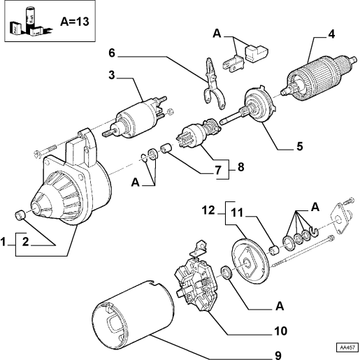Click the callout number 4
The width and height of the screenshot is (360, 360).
pos(331,34)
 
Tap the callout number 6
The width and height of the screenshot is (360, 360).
pos(112,53)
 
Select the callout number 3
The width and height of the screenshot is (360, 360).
pos(112,75)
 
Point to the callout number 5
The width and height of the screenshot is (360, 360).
pos(300,146)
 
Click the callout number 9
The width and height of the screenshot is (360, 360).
pos(278,355)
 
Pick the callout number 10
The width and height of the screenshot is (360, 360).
pos(280,331)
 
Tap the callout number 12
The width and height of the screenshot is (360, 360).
pos(208,210)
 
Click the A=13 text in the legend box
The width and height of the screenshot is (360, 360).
pos(75,22)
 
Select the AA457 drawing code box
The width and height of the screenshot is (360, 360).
pos(347,347)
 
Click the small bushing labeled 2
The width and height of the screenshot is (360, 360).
pos(20,215)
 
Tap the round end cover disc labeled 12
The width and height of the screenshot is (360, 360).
pos(250,261)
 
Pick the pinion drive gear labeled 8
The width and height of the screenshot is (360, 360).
pos(198,133)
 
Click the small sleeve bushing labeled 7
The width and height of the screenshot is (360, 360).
pos(166,149)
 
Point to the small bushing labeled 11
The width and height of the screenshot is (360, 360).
pos(274,250)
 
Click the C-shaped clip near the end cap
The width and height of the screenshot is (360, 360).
pos(314,232)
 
